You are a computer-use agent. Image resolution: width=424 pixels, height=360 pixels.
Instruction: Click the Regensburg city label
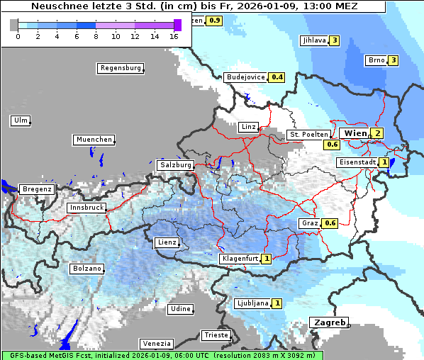pyautogui.click(x=120, y=68)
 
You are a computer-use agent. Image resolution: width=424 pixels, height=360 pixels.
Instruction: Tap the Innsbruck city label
pyautogui.click(x=86, y=208)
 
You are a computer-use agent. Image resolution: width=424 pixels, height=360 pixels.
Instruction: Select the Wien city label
pyautogui.click(x=355, y=133)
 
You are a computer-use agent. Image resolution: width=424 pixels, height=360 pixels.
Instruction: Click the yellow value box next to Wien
pyautogui.click(x=378, y=133)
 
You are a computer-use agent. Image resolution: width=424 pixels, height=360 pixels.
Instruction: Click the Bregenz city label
pyautogui.click(x=37, y=189)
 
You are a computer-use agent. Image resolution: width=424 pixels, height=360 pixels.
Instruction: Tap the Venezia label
pyautogui.click(x=155, y=343)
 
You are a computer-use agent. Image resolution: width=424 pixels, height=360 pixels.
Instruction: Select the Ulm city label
pyautogui.click(x=21, y=120)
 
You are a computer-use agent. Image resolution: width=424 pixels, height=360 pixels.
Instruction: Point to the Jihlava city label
pyautogui.click(x=314, y=40)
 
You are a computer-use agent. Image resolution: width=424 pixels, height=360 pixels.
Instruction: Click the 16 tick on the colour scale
pyautogui.click(x=174, y=35)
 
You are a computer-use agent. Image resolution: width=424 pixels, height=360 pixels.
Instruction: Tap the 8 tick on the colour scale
pyautogui.click(x=96, y=35)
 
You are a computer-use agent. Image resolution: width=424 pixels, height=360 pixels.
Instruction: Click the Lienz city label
pyautogui.click(x=166, y=242)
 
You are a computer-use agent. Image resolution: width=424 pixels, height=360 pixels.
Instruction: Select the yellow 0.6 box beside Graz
pyautogui.click(x=330, y=223)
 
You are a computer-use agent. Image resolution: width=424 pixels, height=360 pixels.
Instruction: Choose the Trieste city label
pyautogui.click(x=216, y=334)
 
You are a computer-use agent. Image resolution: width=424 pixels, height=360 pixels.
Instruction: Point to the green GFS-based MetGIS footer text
pyautogui.click(x=162, y=355)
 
